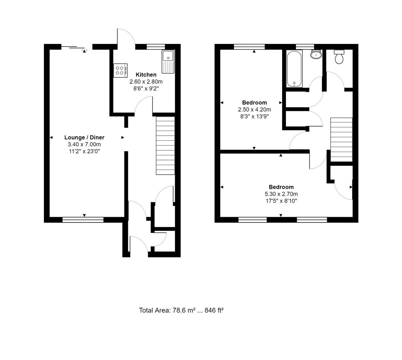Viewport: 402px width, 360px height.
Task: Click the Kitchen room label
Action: (146, 75)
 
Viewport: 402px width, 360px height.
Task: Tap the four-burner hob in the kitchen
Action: (120, 70)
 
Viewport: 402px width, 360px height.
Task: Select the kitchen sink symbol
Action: (168, 61)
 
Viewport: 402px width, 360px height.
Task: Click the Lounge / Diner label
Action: (84, 137)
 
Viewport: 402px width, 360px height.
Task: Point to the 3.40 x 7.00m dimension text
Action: (84, 144)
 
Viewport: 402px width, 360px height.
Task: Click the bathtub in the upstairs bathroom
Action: (294, 69)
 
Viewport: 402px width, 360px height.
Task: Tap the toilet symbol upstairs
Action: (339, 57)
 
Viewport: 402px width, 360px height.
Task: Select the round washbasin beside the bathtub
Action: (316, 54)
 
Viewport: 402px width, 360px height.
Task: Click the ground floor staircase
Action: (166, 145)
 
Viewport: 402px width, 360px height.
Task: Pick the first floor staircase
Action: (341, 140)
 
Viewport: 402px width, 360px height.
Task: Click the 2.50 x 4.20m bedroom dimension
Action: (254, 109)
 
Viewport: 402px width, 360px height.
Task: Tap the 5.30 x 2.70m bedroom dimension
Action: (281, 194)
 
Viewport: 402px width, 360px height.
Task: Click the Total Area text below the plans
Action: (181, 310)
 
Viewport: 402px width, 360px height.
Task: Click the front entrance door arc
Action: (139, 245)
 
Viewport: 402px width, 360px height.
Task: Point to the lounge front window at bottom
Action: (83, 219)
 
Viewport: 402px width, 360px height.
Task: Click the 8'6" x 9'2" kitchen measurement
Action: (146, 89)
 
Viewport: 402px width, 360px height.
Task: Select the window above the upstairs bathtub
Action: (305, 46)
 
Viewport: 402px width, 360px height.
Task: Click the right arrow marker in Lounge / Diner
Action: (123, 137)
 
